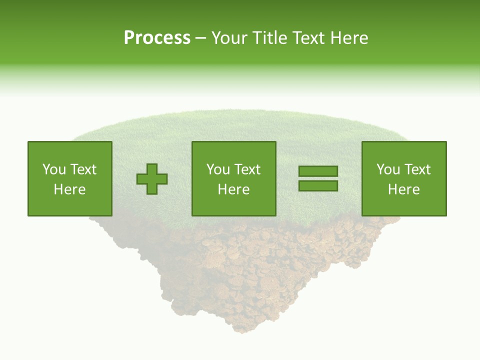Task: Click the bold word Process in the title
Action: click(157, 38)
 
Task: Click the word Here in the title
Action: click(349, 38)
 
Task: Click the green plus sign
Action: click(152, 179)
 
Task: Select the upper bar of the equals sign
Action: click(318, 171)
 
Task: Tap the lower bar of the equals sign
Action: click(318, 185)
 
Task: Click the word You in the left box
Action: click(53, 169)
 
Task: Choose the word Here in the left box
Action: click(69, 189)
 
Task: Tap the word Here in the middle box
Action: click(233, 189)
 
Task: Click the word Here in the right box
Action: click(403, 189)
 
